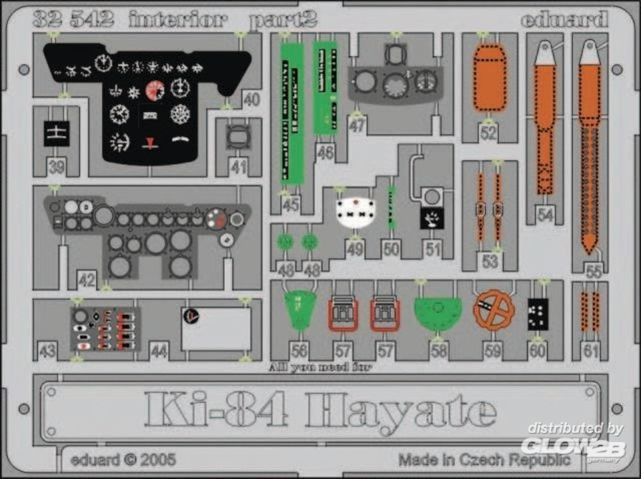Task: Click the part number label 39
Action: click(56, 167)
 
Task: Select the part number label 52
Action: click(489, 133)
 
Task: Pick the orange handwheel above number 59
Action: click(494, 310)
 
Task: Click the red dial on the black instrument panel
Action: click(154, 90)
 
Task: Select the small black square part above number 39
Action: click(56, 133)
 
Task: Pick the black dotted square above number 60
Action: click(537, 314)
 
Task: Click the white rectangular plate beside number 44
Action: click(216, 329)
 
